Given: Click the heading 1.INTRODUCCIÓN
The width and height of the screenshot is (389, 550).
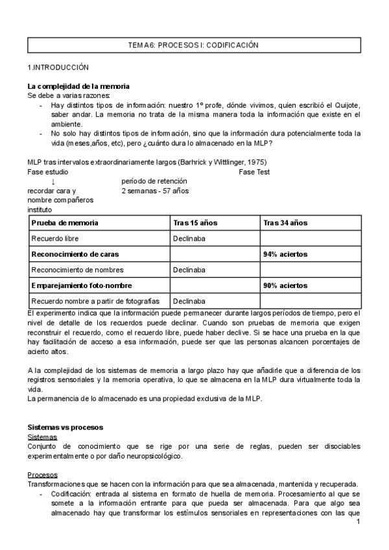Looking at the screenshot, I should pyautogui.click(x=58, y=67).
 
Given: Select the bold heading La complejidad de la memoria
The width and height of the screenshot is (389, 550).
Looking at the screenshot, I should pyautogui.click(x=78, y=87).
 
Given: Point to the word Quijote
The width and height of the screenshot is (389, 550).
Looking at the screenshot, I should pyautogui.click(x=346, y=105).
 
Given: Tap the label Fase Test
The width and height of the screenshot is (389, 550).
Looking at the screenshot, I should pyautogui.click(x=254, y=171).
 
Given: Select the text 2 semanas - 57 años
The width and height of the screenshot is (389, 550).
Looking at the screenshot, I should pyautogui.click(x=154, y=191).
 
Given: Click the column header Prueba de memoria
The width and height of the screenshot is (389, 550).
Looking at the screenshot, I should pyautogui.click(x=65, y=222).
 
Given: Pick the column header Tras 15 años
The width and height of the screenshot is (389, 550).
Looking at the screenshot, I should pyautogui.click(x=195, y=222).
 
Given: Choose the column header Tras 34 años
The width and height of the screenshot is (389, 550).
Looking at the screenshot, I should pyautogui.click(x=285, y=222).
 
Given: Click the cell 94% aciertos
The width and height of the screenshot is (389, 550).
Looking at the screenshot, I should pyautogui.click(x=285, y=254).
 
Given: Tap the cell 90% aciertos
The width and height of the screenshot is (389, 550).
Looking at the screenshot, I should pyautogui.click(x=285, y=285).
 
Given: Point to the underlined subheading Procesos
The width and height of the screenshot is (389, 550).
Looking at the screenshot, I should pyautogui.click(x=42, y=475).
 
